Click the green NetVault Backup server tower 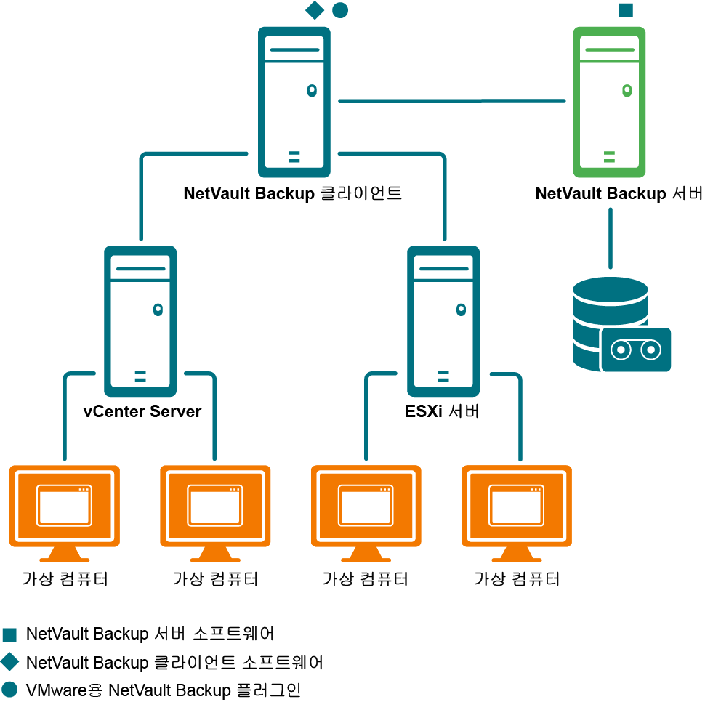(609, 102)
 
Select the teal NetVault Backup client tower (294, 102)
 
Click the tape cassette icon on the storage (636, 350)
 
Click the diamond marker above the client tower (314, 10)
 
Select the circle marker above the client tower (339, 10)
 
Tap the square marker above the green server (625, 10)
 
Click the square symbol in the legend (9, 634)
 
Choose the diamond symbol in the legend (9, 662)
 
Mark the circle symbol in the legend (9, 689)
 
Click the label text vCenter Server (142, 411)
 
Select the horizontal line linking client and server (451, 101)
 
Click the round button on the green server (627, 91)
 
